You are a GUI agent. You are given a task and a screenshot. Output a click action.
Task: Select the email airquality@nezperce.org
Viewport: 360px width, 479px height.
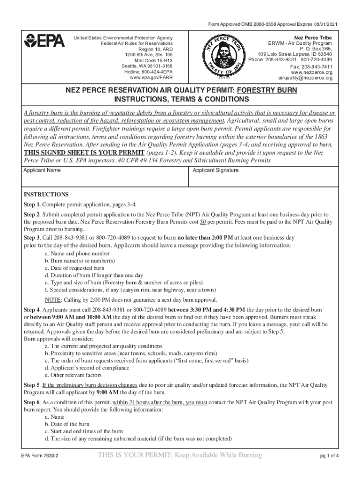pyautogui.click(x=306, y=78)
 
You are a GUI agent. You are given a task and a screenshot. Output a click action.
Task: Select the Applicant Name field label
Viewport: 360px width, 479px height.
pyautogui.click(x=42, y=170)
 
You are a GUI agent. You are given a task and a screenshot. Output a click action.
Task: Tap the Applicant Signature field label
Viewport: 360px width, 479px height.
pyautogui.click(x=216, y=170)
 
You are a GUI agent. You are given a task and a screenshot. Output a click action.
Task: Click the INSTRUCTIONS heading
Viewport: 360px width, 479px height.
pyautogui.click(x=46, y=195)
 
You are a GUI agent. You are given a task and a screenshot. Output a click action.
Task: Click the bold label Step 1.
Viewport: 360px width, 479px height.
pyautogui.click(x=32, y=205)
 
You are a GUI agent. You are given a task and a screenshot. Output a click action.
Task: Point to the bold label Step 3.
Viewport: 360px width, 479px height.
pyautogui.click(x=32, y=238)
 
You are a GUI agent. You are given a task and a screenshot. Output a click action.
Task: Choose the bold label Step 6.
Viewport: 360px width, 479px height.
pyautogui.click(x=32, y=402)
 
